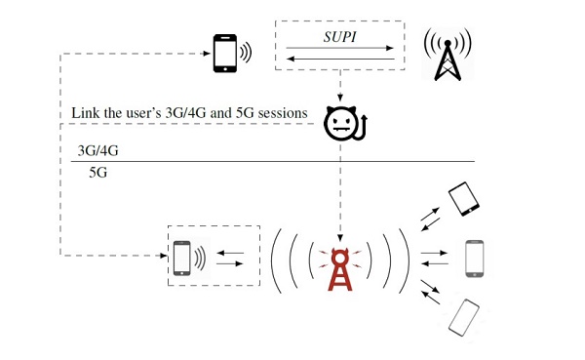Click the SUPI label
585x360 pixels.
[339, 37]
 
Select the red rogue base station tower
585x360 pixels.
[339, 269]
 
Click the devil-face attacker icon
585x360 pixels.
[345, 124]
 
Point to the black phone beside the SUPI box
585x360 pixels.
[225, 53]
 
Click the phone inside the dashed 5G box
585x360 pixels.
[182, 259]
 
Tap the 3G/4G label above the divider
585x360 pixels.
[97, 150]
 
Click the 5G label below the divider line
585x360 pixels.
[97, 173]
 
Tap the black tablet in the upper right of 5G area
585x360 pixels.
[464, 199]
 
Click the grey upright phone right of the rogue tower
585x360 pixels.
[475, 259]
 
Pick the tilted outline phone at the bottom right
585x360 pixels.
[464, 318]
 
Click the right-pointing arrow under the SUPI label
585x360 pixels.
[340, 48]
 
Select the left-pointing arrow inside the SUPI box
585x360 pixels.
[340, 59]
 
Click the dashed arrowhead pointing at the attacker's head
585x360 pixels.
[340, 98]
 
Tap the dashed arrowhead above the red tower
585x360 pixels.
[340, 238]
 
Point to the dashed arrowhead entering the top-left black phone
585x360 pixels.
[207, 54]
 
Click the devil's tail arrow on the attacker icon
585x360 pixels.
[362, 128]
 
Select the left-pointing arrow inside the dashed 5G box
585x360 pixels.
[230, 253]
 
